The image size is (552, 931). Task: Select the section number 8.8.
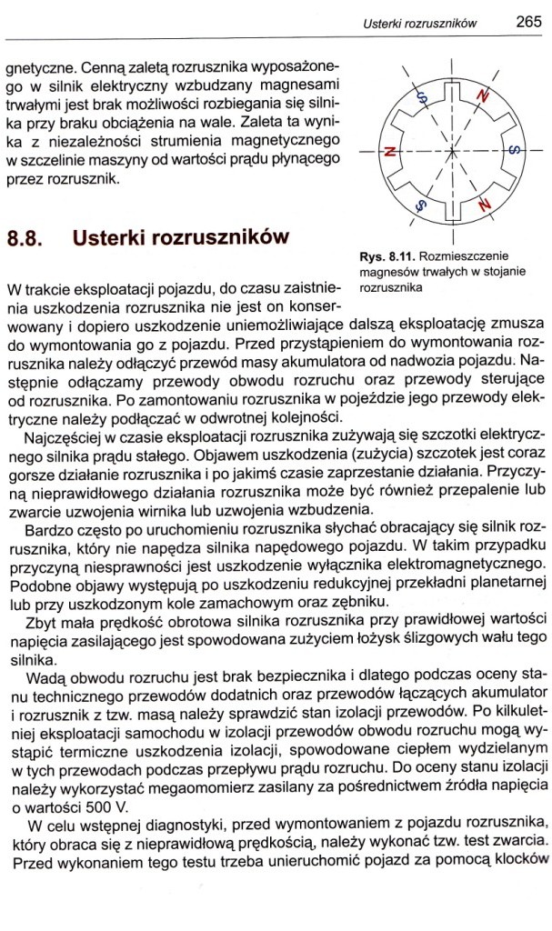(25, 239)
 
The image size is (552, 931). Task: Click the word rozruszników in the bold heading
(217, 237)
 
